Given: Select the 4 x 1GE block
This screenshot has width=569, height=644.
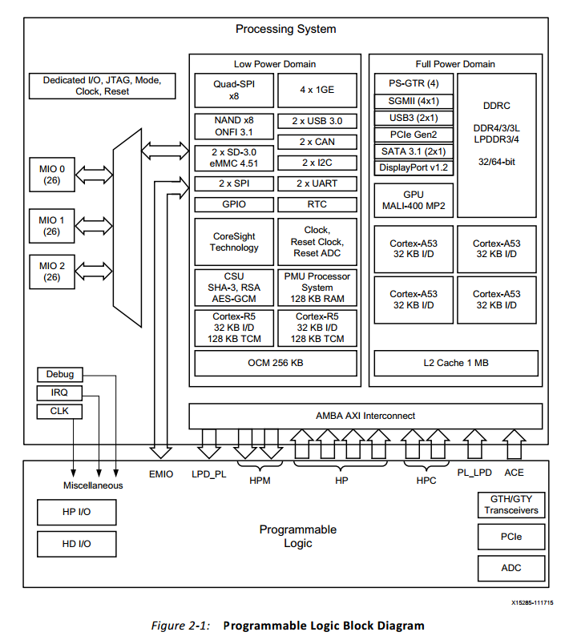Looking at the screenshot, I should click(x=318, y=91).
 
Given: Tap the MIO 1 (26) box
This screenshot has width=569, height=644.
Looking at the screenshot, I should click(x=52, y=225).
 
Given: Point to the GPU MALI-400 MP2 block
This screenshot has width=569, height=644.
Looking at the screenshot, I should click(x=414, y=200).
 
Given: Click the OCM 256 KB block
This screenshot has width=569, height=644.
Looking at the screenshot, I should click(x=275, y=363).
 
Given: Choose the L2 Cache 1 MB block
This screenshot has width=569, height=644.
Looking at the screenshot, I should click(x=455, y=363).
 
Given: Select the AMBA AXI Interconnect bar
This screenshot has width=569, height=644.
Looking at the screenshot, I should click(x=365, y=416).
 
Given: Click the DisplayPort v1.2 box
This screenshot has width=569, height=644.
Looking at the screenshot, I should click(x=414, y=167).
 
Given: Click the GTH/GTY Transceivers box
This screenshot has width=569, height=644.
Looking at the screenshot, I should click(x=511, y=504).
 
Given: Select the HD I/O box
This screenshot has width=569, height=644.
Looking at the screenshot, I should click(x=77, y=544).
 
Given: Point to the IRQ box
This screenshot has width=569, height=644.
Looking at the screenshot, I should click(x=59, y=393).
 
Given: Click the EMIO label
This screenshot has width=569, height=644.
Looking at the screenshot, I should click(x=161, y=474).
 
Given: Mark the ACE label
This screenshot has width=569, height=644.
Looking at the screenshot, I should click(x=514, y=473).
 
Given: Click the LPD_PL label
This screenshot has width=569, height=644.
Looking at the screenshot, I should click(x=210, y=474).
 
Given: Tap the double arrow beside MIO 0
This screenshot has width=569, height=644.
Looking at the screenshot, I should click(x=95, y=173).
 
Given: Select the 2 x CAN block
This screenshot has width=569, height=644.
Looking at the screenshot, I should click(x=318, y=142).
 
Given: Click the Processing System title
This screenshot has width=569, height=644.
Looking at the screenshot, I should click(x=285, y=30).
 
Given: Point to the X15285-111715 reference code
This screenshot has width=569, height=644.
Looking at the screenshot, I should click(x=532, y=602).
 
